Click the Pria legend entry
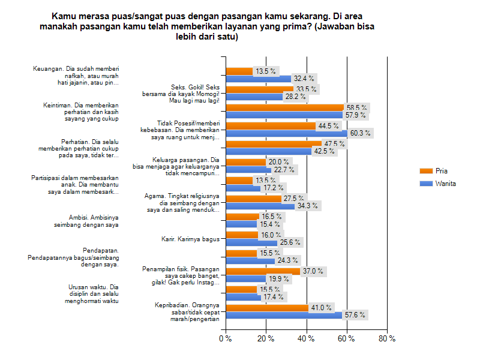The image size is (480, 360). pyautogui.click(x=442, y=171)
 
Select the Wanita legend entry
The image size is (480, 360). pyautogui.click(x=445, y=183)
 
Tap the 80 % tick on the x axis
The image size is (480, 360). pyautogui.click(x=388, y=339)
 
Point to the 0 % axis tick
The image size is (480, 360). pyautogui.click(x=225, y=339)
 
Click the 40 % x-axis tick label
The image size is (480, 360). pyautogui.click(x=306, y=339)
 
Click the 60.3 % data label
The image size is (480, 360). pyautogui.click(x=361, y=133)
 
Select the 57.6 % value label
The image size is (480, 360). pyautogui.click(x=356, y=314)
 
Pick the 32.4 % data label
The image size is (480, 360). pyautogui.click(x=304, y=79)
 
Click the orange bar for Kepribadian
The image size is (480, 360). pyautogui.click(x=266, y=307)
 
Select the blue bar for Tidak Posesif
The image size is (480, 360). pyautogui.click(x=286, y=133)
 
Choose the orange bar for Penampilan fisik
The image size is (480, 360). pyautogui.click(x=262, y=271)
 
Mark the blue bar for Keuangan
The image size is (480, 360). pyautogui.click(x=258, y=79)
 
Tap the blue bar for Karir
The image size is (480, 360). pyautogui.click(x=251, y=242)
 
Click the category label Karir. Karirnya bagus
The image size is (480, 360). pyautogui.click(x=191, y=239)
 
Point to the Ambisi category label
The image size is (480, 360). pyautogui.click(x=88, y=221)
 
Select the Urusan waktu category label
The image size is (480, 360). pyautogui.click(x=92, y=294)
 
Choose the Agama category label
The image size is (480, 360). pyautogui.click(x=182, y=203)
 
